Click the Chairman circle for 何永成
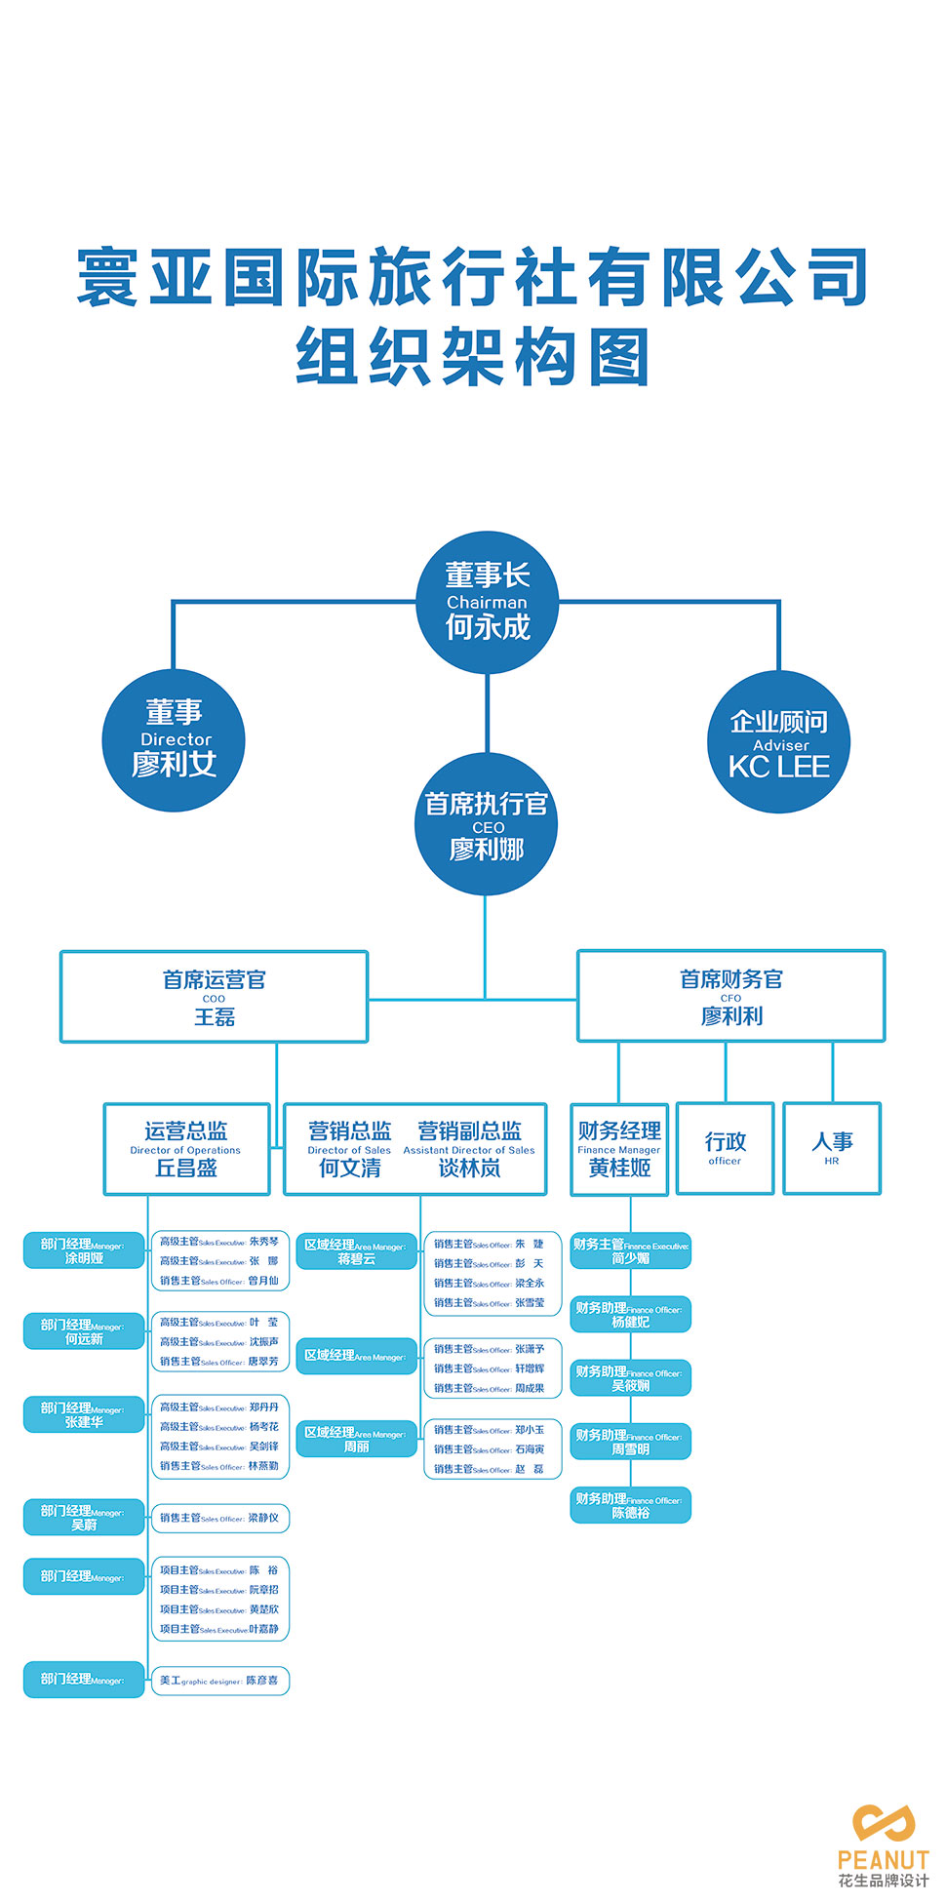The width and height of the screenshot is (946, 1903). click(x=487, y=602)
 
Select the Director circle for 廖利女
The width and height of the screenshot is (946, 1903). click(x=174, y=740)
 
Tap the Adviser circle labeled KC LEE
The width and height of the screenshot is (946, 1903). click(x=778, y=742)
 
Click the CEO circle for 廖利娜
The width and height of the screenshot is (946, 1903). click(x=486, y=824)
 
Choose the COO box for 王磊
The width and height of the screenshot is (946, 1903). click(x=214, y=997)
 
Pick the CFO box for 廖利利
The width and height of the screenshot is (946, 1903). click(x=730, y=996)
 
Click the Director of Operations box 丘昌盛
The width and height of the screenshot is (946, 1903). click(x=186, y=1149)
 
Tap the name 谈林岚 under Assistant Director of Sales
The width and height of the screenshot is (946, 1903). click(x=469, y=1168)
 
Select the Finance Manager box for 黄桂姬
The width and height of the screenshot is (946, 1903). click(x=619, y=1149)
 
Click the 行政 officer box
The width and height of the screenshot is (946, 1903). click(x=725, y=1148)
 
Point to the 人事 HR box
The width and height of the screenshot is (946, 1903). click(x=832, y=1148)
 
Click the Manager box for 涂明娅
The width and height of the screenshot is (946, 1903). click(x=84, y=1250)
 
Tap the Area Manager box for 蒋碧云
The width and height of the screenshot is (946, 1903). click(x=356, y=1251)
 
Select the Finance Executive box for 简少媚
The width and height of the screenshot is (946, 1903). click(x=630, y=1250)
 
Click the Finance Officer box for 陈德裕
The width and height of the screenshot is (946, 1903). click(x=630, y=1505)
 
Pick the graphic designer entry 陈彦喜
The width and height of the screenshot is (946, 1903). click(x=220, y=1681)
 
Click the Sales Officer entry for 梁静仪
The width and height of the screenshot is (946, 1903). click(x=220, y=1518)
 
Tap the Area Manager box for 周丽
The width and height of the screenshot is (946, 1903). click(x=356, y=1439)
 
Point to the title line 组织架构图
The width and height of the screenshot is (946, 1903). click(x=473, y=356)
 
